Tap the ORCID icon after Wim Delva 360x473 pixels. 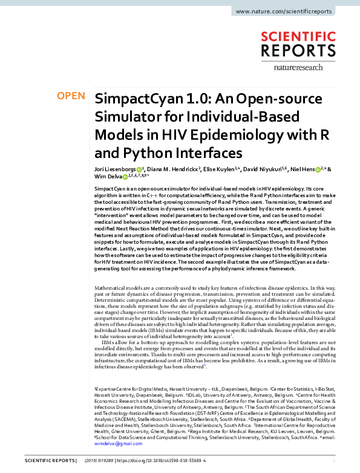pyautogui.click(x=126, y=178)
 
